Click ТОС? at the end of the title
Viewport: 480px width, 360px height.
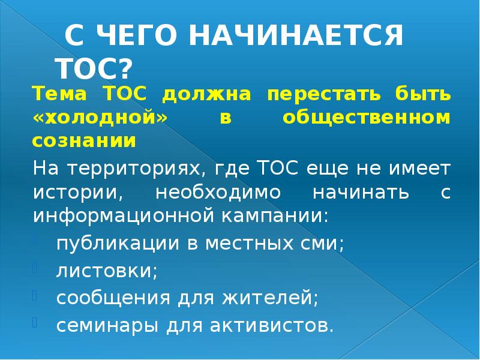tap(92, 68)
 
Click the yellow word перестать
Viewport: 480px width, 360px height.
tap(311, 95)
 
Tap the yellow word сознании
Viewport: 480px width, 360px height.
tap(84, 141)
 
